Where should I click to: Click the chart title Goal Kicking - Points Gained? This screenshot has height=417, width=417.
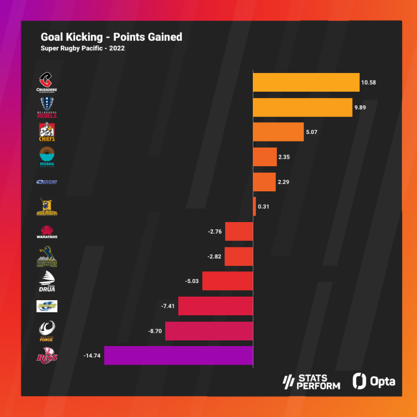coord(111,37)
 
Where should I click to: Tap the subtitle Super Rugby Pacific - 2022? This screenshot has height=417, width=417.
coord(83,49)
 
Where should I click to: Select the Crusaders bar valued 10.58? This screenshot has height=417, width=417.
coord(306,82)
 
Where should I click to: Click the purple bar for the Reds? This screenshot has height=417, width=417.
coord(178,356)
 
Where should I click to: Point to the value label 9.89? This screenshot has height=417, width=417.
coord(362,107)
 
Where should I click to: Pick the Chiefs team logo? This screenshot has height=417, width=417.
coord(47,132)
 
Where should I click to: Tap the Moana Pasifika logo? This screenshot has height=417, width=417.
coord(47,157)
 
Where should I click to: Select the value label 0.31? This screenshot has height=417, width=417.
coord(263,206)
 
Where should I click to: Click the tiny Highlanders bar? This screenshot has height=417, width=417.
coord(254,206)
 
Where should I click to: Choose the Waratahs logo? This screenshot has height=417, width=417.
coord(47,231)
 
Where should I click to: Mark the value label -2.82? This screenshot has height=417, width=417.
coord(215,256)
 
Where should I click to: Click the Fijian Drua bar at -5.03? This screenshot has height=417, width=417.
coord(227,281)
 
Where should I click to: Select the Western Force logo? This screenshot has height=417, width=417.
coord(47,330)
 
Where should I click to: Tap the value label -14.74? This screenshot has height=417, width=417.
coord(93,356)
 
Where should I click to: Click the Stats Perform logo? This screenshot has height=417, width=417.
coord(311,382)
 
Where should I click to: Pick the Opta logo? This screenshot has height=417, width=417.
coord(374,381)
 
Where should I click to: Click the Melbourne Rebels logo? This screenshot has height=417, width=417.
coord(47,107)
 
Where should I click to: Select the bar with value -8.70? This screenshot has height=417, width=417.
coord(208,331)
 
